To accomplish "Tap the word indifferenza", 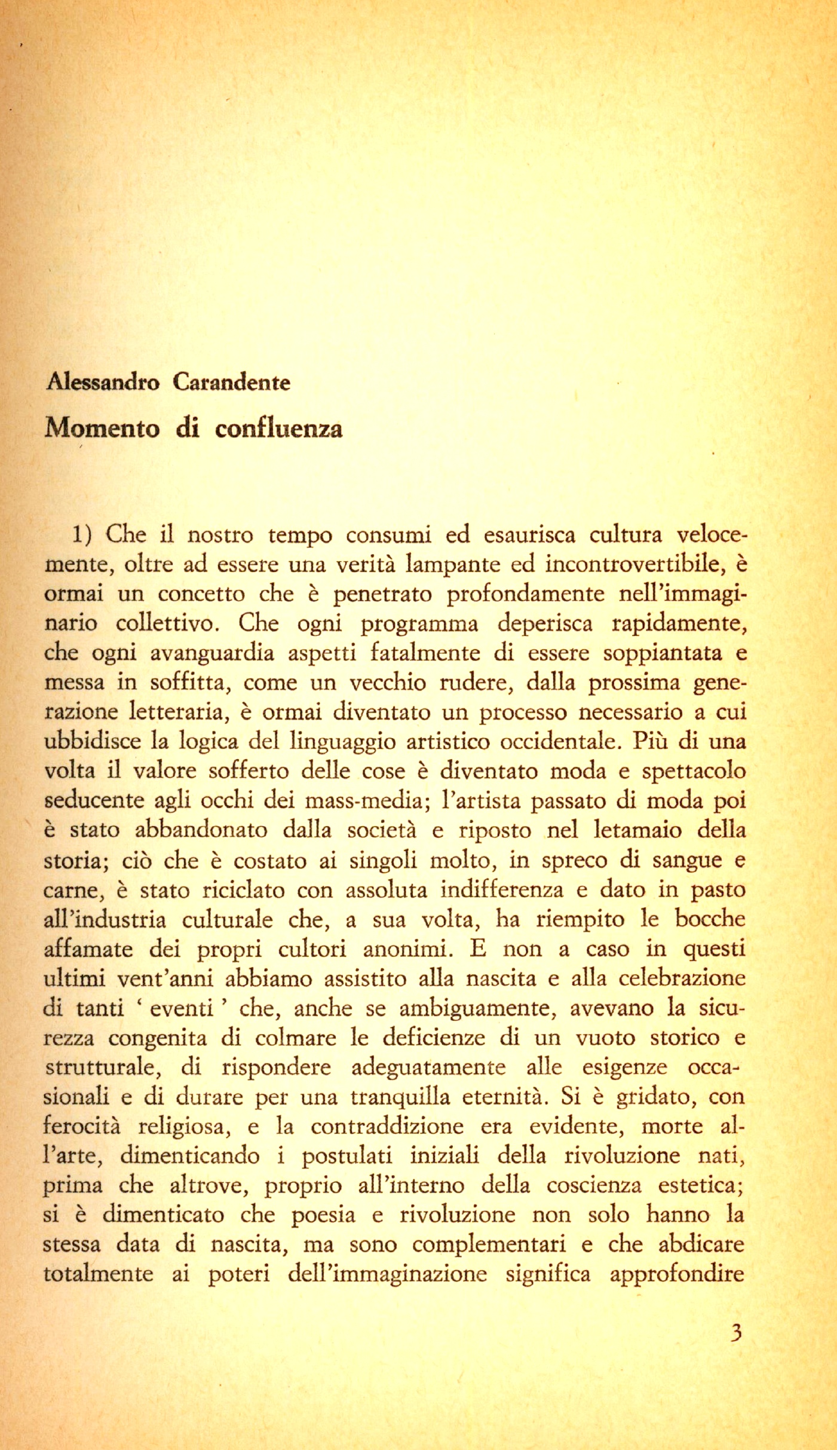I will tap(501, 890).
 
